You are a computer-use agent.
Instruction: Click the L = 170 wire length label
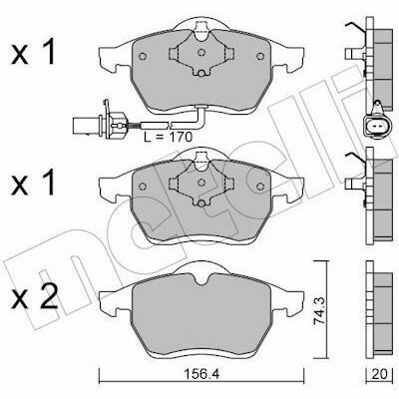coord(169,137)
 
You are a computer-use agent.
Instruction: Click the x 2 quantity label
coord(33,299)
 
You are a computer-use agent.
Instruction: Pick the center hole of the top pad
coord(201,52)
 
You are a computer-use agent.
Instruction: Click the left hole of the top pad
coord(143,56)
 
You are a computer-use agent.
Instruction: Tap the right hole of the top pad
coord(260,56)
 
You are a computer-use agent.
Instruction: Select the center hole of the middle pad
coord(201,182)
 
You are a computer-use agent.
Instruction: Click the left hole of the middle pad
coord(143,186)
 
